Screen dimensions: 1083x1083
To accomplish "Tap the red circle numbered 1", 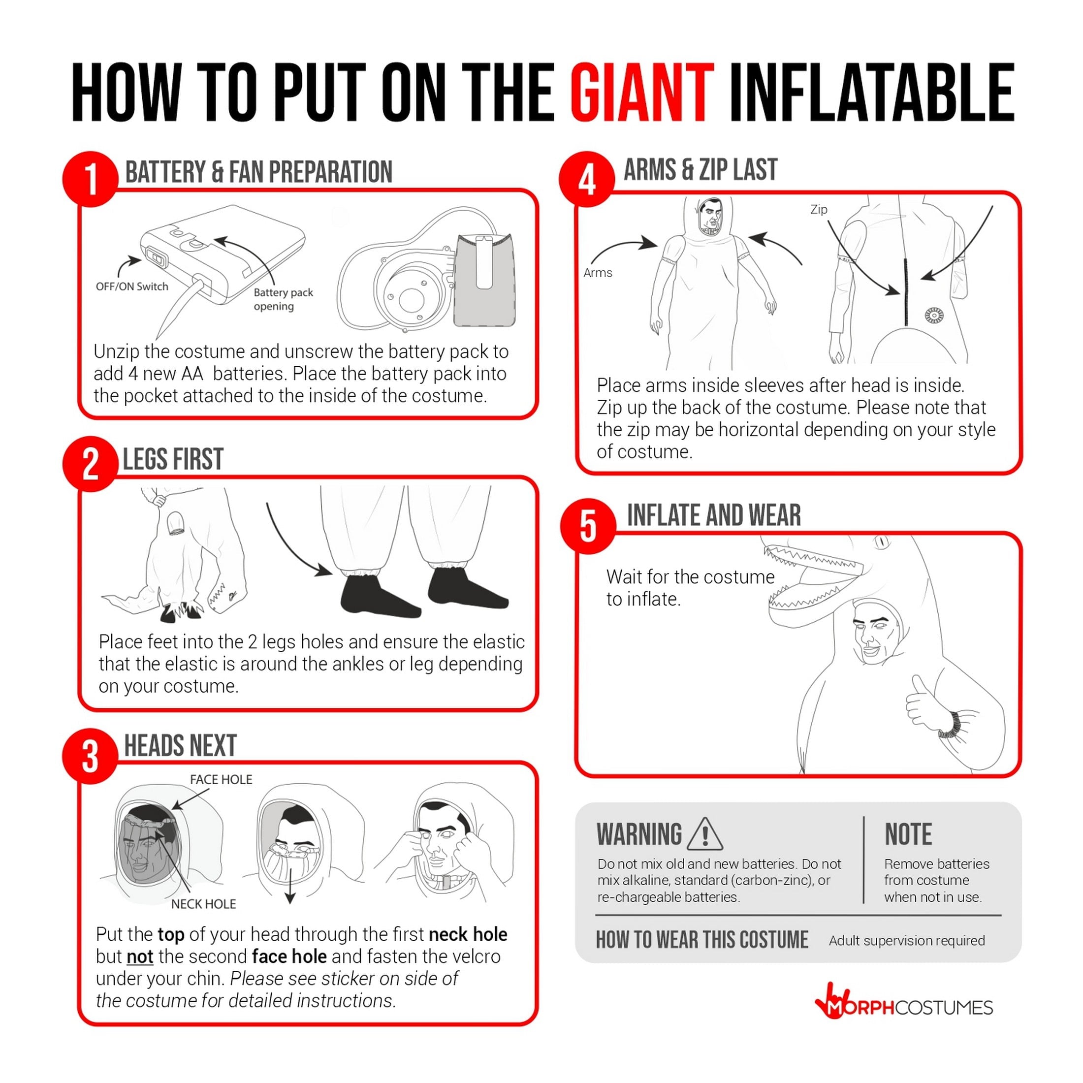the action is pos(90,179).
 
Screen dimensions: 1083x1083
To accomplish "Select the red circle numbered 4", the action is pos(587,179).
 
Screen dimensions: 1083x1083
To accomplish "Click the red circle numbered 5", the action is pos(588,526).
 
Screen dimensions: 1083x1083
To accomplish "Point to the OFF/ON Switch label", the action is pos(132,287).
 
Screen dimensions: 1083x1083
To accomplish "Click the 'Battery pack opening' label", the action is pos(283,299).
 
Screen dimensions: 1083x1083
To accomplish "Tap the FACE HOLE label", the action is pos(221,780).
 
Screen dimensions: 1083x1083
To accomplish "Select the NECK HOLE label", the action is pos(203,904).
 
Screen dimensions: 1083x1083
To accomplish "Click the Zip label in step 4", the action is pos(819,210).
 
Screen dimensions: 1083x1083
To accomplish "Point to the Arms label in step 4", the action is pos(598,273).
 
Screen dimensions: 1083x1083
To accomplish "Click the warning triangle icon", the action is pos(704,833).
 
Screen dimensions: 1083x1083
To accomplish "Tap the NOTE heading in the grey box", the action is pos(908,834).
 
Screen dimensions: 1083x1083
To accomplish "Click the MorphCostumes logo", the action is pos(904,1007).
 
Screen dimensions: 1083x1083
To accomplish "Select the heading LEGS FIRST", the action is pos(173,459).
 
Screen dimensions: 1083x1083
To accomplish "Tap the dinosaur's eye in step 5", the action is pos(882,541).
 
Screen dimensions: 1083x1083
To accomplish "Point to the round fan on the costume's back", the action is pos(934,316).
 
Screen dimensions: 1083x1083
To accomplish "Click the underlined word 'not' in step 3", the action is pos(140,956).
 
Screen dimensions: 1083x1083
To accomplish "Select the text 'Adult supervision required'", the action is pos(906,941).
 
